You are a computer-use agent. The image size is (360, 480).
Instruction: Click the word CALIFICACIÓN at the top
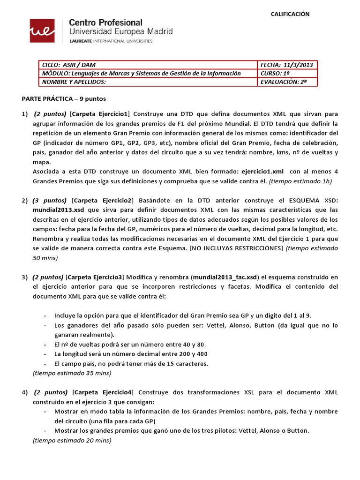click(x=290, y=14)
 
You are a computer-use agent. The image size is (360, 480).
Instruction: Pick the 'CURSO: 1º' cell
click(x=272, y=73)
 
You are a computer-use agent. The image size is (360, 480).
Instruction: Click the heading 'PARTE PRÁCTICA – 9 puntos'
click(x=64, y=99)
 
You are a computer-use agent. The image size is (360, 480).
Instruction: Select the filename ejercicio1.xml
click(x=262, y=172)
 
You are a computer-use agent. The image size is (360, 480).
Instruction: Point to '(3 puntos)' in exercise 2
click(x=50, y=200)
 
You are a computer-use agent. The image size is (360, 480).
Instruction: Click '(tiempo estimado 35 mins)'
click(x=72, y=373)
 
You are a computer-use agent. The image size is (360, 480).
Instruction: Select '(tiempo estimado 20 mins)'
click(x=72, y=441)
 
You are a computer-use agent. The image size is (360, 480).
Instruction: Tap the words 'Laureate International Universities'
click(x=111, y=41)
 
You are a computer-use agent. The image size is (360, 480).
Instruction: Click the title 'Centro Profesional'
click(x=106, y=22)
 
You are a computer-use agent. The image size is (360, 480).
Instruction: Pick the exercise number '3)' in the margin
click(x=25, y=277)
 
